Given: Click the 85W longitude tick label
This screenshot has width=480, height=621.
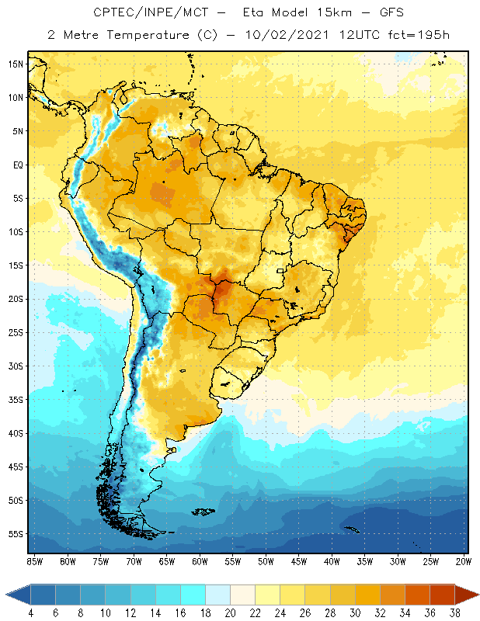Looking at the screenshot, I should tap(34, 561).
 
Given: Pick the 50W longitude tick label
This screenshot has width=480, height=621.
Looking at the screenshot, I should tap(266, 561).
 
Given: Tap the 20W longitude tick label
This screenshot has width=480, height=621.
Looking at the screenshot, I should tap(464, 561).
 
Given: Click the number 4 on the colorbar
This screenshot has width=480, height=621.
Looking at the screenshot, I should tap(30, 612).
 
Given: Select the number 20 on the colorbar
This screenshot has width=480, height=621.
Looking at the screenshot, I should tap(229, 612).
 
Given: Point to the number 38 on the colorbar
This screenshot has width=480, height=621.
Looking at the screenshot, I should tap(454, 612).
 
